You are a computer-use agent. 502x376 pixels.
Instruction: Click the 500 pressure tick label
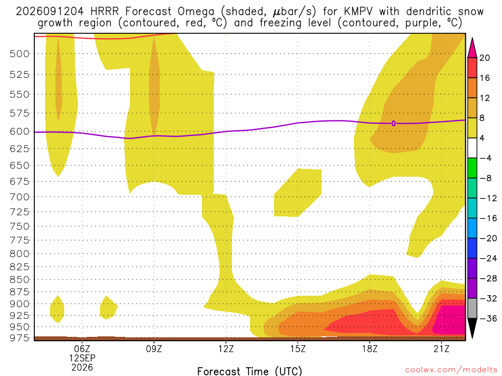20,54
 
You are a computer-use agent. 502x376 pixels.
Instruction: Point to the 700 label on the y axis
20,197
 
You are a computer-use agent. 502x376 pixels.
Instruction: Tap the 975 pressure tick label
20,338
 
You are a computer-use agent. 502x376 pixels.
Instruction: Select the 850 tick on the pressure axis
20,280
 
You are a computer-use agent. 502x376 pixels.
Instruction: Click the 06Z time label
82,349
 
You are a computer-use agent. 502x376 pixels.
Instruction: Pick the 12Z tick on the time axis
226,349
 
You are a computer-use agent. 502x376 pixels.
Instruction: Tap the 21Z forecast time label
442,349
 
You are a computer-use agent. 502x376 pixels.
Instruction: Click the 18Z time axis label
370,349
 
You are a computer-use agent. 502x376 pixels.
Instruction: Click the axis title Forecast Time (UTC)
250,371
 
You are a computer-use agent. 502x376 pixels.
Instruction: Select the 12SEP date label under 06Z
82,358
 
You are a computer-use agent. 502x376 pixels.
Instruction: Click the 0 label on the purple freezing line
394,123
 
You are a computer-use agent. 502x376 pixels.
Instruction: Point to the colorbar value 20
485,58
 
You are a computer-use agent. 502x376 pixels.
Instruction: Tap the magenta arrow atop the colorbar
472,48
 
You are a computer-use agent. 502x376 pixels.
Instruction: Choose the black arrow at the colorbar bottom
472,328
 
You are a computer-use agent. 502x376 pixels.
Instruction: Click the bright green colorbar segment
472,168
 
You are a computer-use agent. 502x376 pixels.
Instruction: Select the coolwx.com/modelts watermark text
451,370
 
